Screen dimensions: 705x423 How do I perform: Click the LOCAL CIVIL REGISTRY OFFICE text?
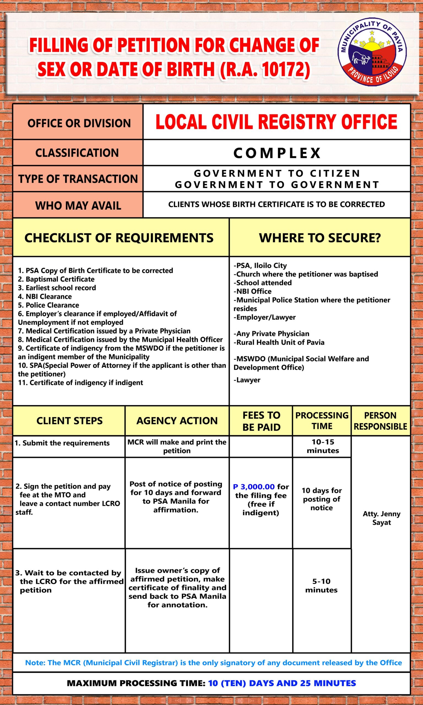coord(276,122)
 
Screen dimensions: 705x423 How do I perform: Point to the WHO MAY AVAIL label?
coord(78,205)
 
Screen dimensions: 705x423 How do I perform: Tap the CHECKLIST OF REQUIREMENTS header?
coord(119,238)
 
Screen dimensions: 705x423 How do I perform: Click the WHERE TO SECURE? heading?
coord(320,238)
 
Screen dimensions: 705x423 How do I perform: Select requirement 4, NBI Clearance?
coord(45,296)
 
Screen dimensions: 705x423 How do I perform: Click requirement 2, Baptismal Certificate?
coord(56,279)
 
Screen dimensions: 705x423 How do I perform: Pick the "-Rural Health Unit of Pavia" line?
coord(279,342)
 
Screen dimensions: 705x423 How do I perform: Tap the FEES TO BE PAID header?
coord(261,421)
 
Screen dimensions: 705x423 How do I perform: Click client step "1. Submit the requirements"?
coord(62,443)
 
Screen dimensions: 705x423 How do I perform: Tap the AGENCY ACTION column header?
coord(177,421)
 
